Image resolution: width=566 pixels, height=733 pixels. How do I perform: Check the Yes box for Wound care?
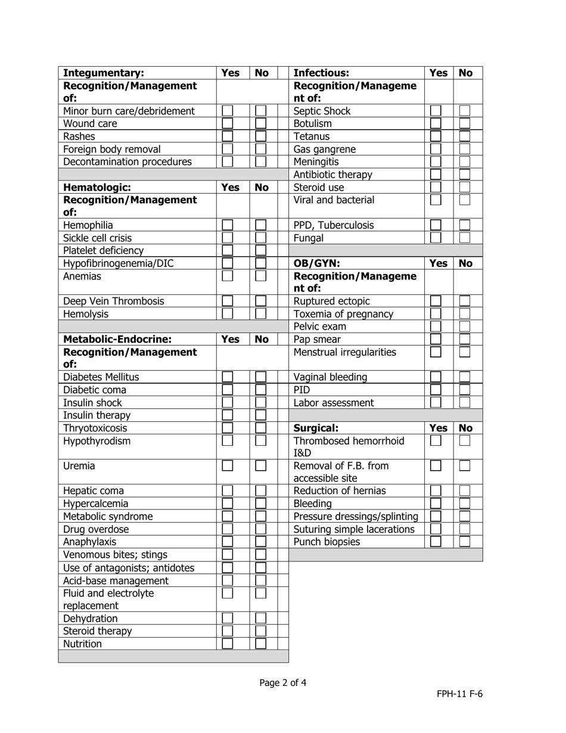(227, 123)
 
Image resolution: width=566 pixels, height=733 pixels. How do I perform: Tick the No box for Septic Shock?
(465, 111)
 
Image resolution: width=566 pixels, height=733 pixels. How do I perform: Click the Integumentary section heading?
(104, 73)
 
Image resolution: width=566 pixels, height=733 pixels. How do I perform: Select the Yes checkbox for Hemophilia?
(227, 225)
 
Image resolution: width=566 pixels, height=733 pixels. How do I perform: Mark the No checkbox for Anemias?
(260, 276)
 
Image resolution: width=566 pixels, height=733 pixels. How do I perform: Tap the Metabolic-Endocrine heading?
(117, 339)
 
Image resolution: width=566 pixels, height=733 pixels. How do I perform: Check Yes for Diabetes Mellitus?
(227, 377)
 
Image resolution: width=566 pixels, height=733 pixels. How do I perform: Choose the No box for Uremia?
(260, 466)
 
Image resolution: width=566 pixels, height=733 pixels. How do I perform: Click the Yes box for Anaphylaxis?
(227, 542)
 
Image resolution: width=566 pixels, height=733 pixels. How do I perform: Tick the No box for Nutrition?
(260, 643)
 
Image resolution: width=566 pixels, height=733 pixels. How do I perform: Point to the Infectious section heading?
(321, 73)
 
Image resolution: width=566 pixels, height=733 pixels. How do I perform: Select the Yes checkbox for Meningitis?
(436, 161)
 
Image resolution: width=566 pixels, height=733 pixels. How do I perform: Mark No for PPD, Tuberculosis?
(465, 225)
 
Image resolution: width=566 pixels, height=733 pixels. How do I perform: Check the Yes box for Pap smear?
(436, 339)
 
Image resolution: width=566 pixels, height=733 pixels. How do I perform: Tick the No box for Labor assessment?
(465, 402)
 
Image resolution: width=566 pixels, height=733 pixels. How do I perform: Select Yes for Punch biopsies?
(436, 542)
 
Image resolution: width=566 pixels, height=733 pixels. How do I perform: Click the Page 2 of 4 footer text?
(283, 683)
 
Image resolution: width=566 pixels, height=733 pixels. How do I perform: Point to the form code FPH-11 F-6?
(459, 694)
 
